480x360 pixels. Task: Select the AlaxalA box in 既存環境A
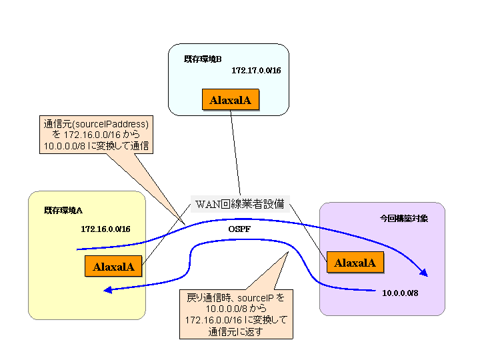tap(114, 267)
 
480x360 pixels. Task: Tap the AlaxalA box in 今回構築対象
tap(355, 262)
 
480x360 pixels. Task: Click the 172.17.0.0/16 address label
tap(256, 70)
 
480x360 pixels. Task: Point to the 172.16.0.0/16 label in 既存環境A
tap(105, 229)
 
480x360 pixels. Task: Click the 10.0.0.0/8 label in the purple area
tap(400, 293)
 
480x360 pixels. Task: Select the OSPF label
tap(239, 229)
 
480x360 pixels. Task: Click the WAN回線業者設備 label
tap(239, 203)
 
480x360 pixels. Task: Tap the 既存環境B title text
tap(203, 59)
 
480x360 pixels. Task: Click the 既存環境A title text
tap(63, 210)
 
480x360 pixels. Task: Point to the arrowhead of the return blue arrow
tap(109, 289)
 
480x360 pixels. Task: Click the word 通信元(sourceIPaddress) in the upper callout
tap(95, 124)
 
